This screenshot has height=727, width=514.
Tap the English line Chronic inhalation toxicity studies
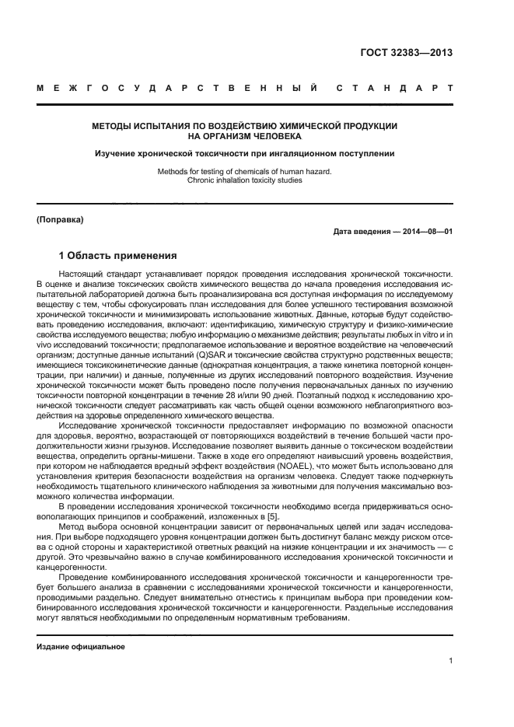click(244, 180)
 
